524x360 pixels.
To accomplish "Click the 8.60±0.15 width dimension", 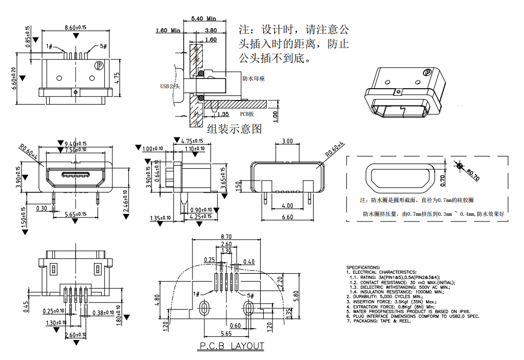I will point(75,27).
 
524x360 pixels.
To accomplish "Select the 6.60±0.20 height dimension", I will point(15,78).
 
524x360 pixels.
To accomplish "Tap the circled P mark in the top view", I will point(99,65).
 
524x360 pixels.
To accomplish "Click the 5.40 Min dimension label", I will point(203,19).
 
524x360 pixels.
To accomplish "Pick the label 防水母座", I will point(253,79).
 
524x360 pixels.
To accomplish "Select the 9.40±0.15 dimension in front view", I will point(76,144).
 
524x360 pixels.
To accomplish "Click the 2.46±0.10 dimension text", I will point(125,201).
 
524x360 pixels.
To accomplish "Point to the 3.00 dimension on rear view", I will point(287,141).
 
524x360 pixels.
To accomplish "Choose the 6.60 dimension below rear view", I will point(287,217).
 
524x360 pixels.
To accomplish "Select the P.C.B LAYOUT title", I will point(231,346).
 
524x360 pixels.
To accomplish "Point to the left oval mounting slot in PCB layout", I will point(204,308).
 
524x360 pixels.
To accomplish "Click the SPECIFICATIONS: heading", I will point(363,267).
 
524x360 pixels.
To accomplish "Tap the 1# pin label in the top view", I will point(50,47).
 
